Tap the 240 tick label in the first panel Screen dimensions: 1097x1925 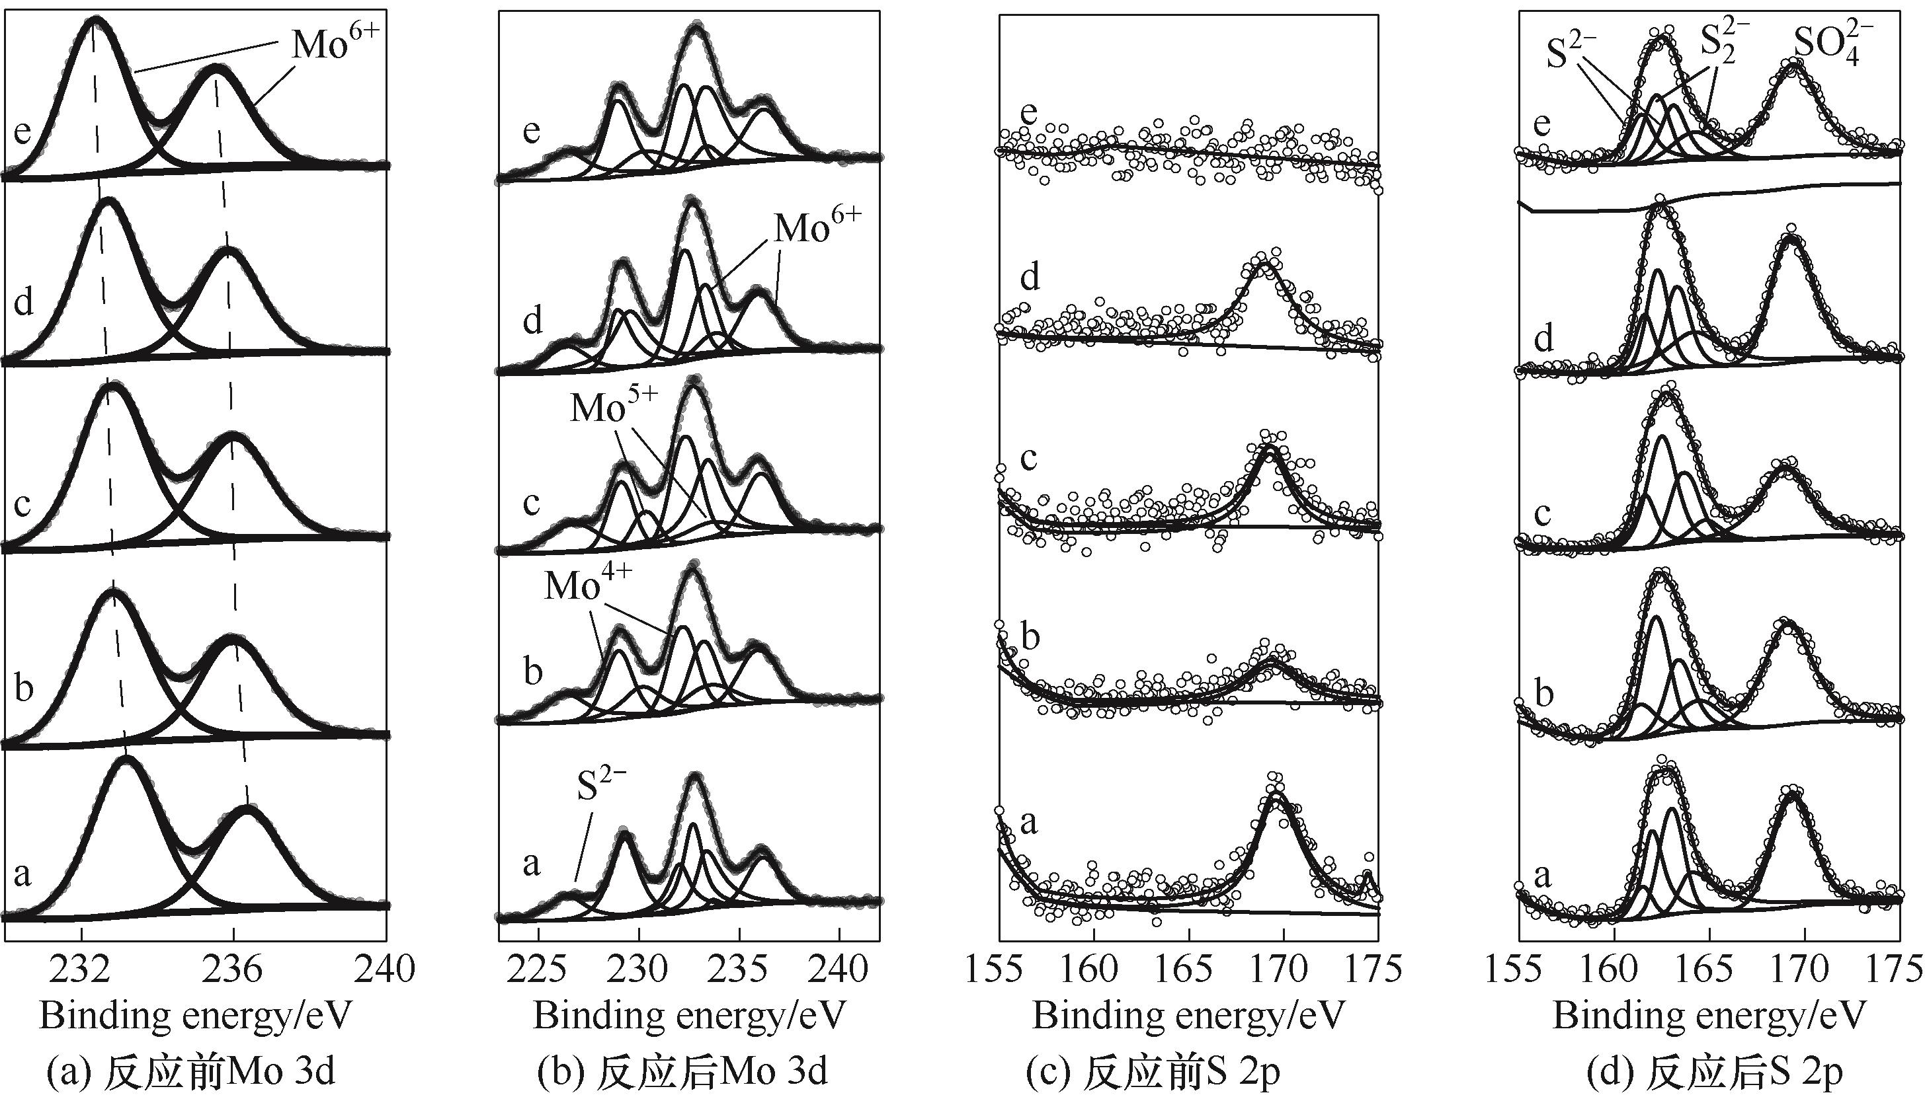(x=386, y=969)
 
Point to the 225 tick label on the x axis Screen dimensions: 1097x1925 (x=538, y=969)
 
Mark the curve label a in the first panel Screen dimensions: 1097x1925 (x=22, y=874)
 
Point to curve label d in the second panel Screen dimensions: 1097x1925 (x=532, y=321)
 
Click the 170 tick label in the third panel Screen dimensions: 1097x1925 (x=1284, y=969)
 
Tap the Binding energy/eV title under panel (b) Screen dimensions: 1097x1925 (x=690, y=1016)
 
